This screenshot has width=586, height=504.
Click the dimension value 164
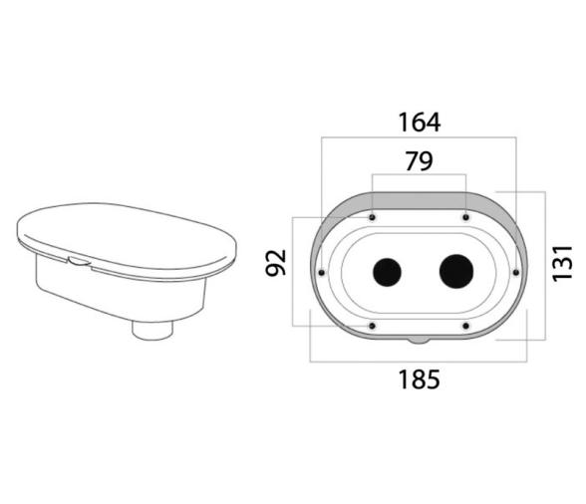(x=419, y=123)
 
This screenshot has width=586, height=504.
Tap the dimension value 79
(x=419, y=161)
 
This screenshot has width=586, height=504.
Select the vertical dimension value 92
(x=276, y=263)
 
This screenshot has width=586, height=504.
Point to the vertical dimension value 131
(x=562, y=263)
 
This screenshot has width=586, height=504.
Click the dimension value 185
(x=419, y=379)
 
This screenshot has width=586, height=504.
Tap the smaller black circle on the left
(x=387, y=272)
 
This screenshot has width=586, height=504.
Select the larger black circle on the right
(x=456, y=272)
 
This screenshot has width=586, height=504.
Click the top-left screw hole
(x=373, y=217)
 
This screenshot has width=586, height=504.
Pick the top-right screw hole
(x=465, y=217)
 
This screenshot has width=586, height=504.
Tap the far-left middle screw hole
(x=321, y=273)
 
